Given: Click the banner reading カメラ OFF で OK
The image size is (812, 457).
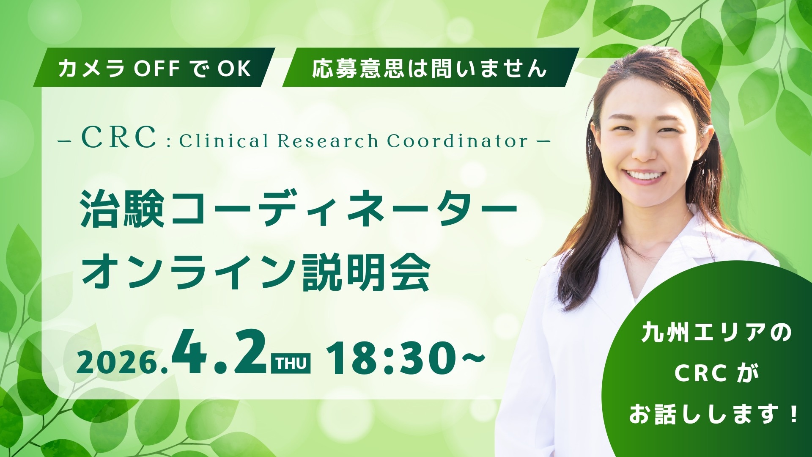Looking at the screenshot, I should [154, 68].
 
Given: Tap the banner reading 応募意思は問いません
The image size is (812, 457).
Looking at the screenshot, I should [429, 68].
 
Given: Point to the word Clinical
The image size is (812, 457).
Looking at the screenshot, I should [224, 141].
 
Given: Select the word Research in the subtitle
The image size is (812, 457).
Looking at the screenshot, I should [328, 141].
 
